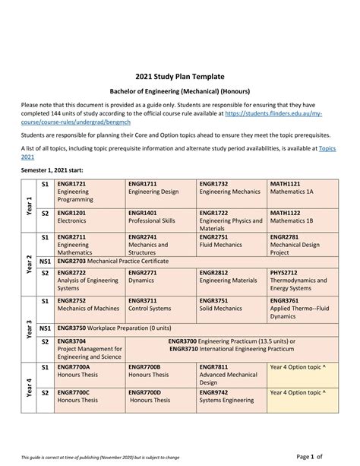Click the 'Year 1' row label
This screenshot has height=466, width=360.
click(29, 205)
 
